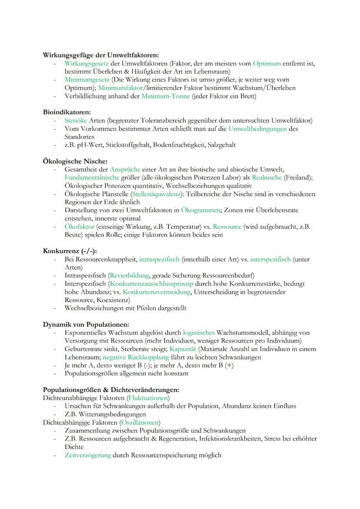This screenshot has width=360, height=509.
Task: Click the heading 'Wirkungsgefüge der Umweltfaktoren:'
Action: point(100,55)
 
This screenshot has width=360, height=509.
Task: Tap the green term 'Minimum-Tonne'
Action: point(166,96)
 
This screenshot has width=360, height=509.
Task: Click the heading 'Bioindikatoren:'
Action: point(67,112)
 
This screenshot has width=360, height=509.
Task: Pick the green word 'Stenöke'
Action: point(76,120)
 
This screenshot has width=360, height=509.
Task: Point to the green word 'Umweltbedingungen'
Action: point(257,129)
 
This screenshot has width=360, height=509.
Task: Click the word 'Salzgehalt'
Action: point(222,145)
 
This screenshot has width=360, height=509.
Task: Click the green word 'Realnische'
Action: point(267,177)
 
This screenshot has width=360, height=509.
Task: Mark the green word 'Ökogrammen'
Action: point(201,210)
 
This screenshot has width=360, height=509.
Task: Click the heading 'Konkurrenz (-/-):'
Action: point(70,251)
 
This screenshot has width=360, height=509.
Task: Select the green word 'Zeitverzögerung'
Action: point(87,455)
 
